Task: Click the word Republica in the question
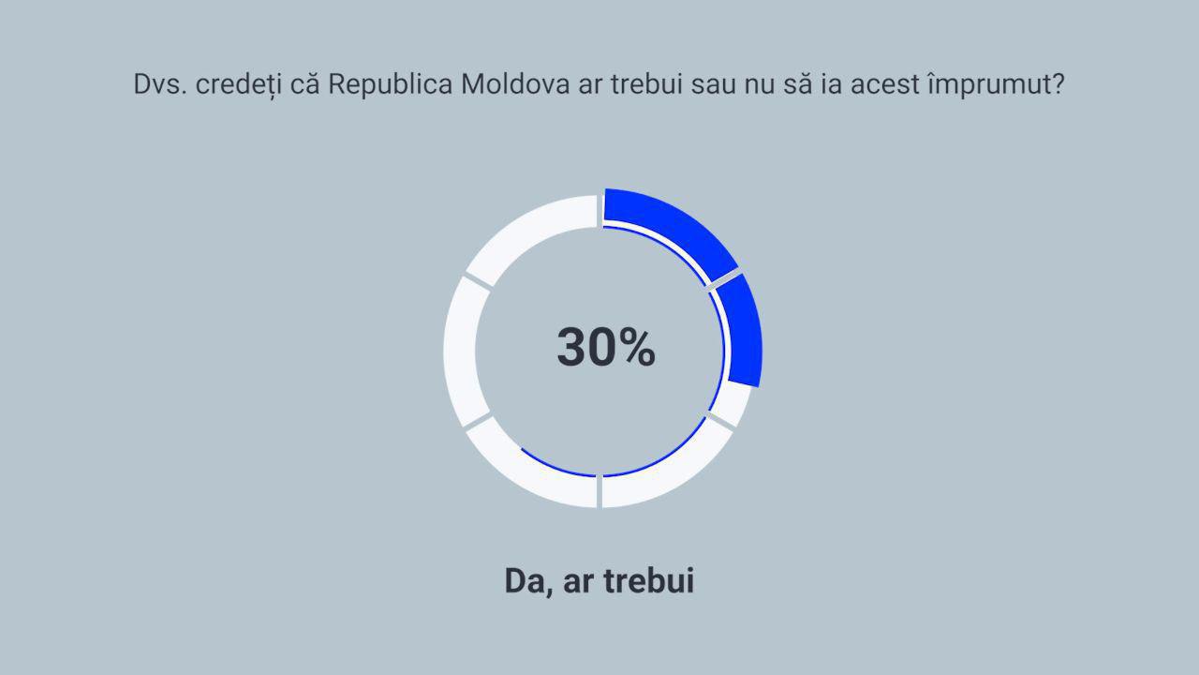tap(391, 84)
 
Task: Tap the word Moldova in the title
tap(515, 84)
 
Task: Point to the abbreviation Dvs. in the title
tap(160, 84)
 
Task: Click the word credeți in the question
tap(238, 85)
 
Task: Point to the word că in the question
tap(304, 84)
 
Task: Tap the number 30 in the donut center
tap(581, 347)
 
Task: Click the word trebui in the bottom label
tap(649, 580)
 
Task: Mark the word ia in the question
tap(831, 84)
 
